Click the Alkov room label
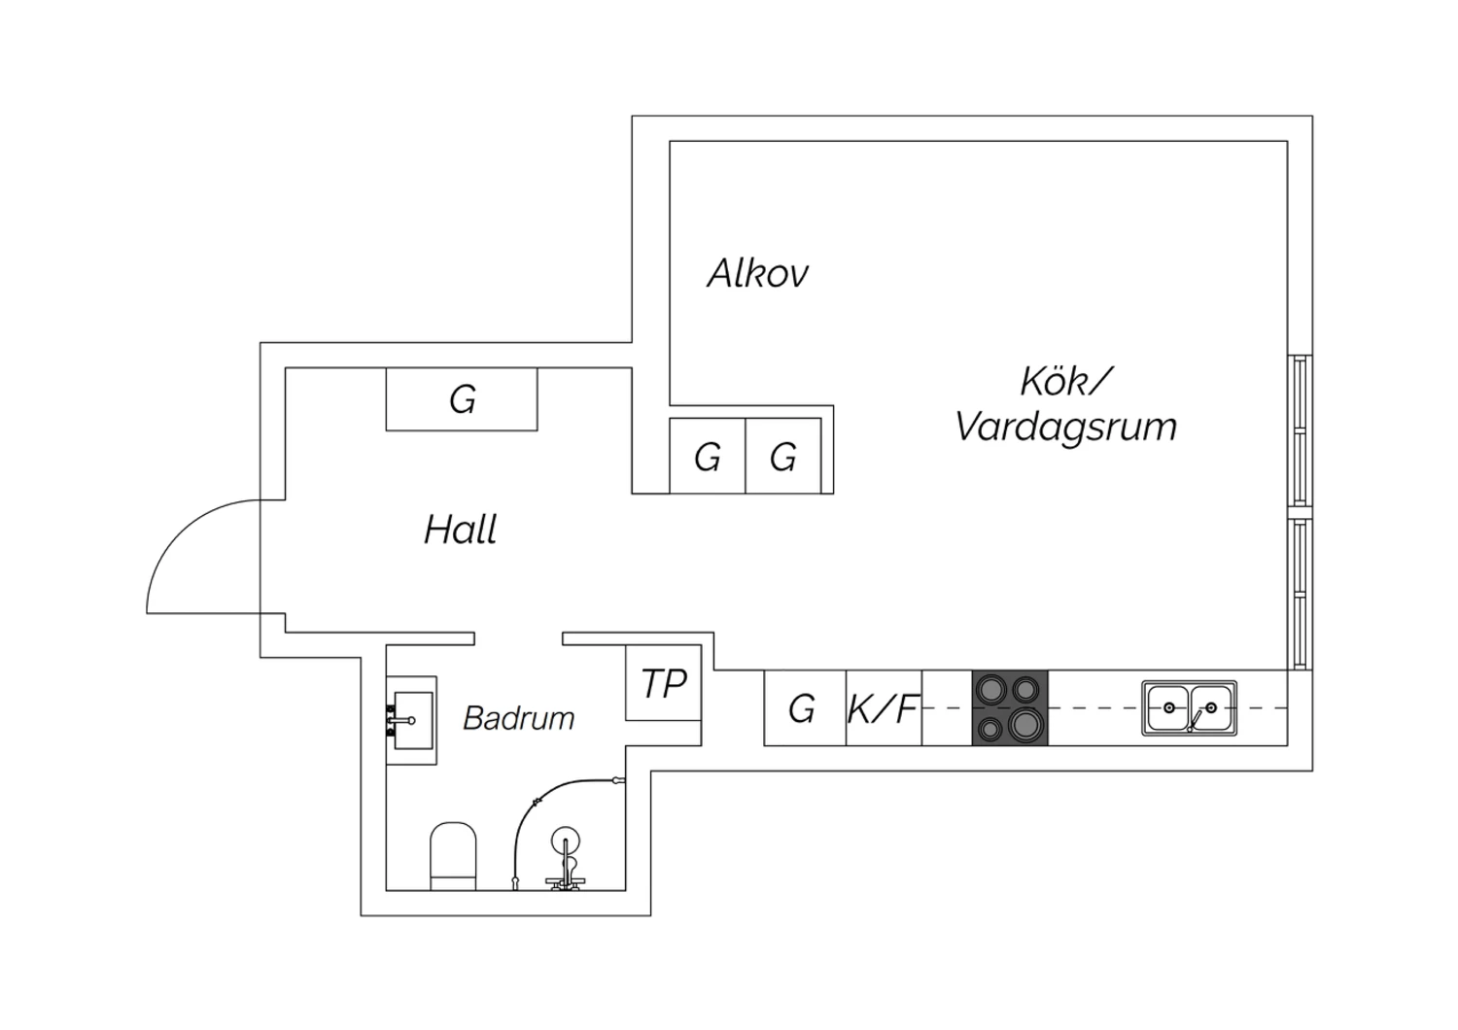coord(757,274)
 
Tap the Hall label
coord(461,530)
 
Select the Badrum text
coord(518,718)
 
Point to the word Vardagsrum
coord(1065,427)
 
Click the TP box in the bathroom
coord(663,684)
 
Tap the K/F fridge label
coord(883,709)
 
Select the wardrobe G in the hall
coord(463,399)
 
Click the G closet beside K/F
coord(803,709)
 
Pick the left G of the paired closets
coord(708,457)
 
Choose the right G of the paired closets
coord(783,457)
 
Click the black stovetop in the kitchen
coord(1010,708)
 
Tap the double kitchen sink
coord(1189,708)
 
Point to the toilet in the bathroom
coord(453,855)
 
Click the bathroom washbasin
coord(411,720)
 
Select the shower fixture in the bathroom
coord(565,855)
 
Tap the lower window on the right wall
coord(1300,594)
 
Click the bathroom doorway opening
coord(518,638)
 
